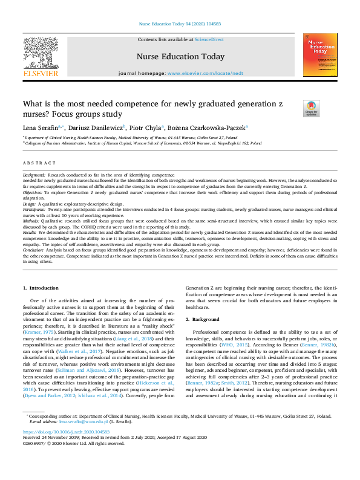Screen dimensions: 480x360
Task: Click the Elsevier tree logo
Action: pos(41,54)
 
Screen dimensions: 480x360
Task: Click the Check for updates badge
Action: pos(310,108)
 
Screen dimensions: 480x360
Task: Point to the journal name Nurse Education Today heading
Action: pos(180,57)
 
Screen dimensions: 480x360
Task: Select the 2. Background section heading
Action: pos(203,319)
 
